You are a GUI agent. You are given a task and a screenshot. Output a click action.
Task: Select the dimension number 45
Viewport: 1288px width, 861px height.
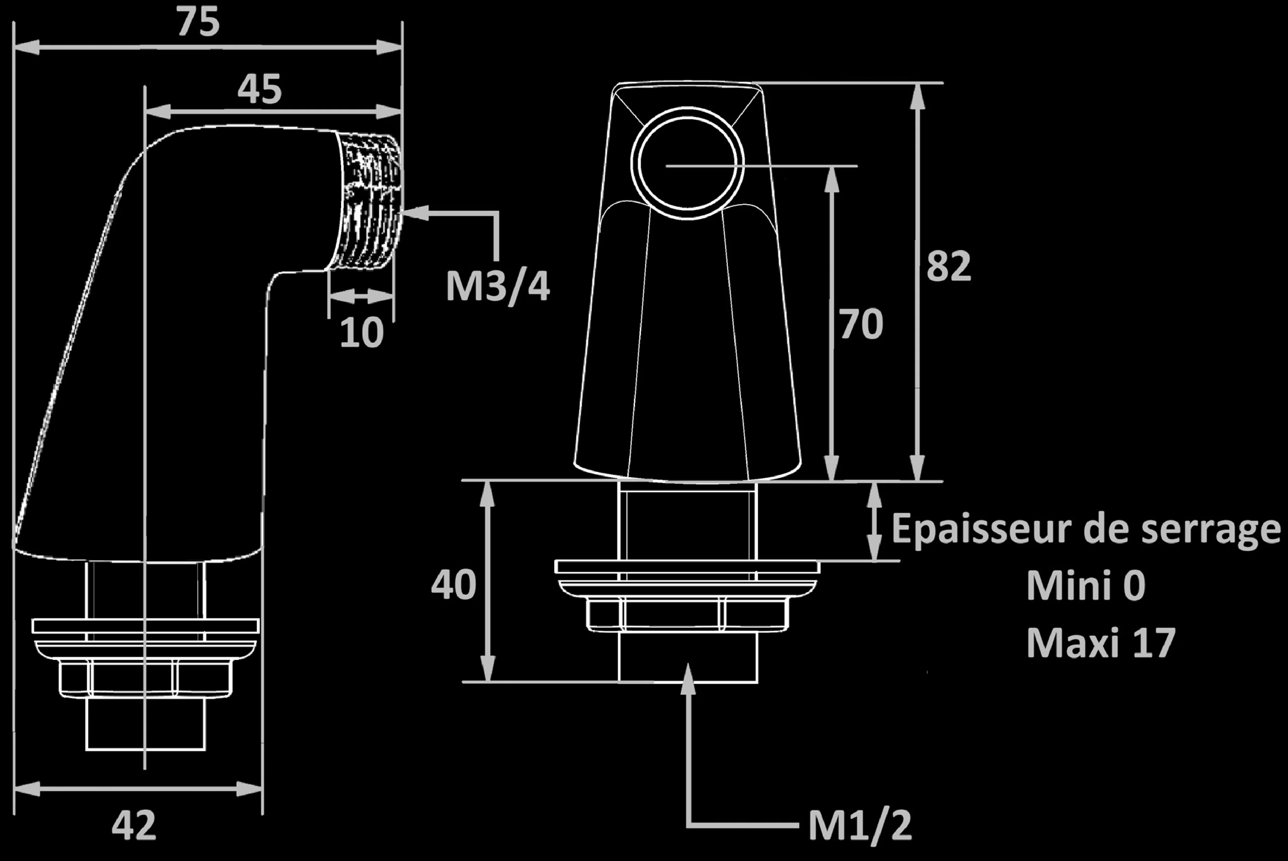tap(259, 90)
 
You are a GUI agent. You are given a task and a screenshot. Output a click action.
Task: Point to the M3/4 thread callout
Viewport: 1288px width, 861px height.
tap(497, 287)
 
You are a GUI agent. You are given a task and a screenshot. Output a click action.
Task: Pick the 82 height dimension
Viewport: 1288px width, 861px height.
tap(949, 267)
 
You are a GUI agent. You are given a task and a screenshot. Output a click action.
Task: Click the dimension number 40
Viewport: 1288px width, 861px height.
tap(453, 585)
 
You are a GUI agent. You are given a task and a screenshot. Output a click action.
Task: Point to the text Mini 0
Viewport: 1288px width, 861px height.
tap(1086, 586)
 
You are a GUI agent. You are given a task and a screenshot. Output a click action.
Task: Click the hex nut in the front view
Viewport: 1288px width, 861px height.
tap(687, 615)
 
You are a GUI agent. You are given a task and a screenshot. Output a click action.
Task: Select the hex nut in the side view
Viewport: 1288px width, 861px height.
tap(145, 680)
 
